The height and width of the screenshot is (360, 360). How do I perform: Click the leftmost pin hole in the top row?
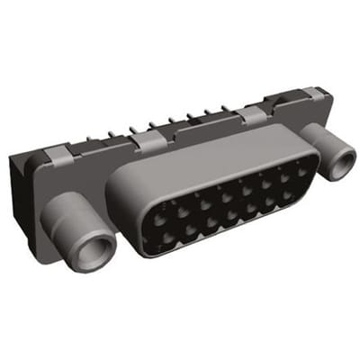pyautogui.click(x=149, y=212)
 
